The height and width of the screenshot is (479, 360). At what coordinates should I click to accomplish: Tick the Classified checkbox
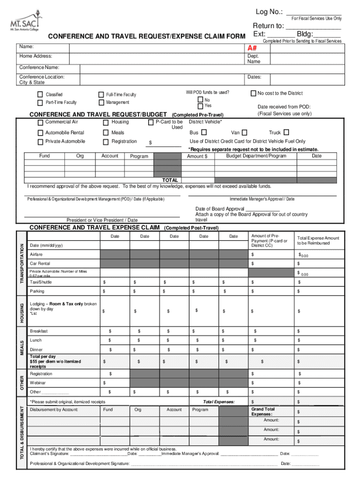point(40,94)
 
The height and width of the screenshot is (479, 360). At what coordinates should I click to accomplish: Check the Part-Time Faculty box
point(40,102)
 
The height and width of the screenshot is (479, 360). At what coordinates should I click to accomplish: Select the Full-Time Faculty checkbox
point(101,94)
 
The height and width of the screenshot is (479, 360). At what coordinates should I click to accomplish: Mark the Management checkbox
point(101,102)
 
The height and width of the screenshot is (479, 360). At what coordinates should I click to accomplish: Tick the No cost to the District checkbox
point(253,93)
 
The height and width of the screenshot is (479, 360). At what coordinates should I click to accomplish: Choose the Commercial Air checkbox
point(40,123)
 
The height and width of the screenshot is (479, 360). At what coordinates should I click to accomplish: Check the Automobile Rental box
point(40,133)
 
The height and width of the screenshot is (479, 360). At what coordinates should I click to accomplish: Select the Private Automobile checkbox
point(40,142)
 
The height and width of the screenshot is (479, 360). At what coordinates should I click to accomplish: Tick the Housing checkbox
point(106,123)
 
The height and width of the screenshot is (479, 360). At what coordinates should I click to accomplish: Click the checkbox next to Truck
point(287,132)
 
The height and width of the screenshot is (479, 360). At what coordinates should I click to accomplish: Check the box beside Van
point(245,132)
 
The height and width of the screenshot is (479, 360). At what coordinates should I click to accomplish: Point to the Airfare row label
point(36,254)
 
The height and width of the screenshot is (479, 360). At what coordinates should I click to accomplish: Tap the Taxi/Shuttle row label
point(41,282)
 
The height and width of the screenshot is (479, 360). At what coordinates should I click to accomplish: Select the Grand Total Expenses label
point(263,412)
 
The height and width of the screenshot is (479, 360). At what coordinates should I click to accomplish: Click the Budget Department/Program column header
point(256,156)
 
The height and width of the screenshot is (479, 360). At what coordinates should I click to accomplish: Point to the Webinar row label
point(38,383)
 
